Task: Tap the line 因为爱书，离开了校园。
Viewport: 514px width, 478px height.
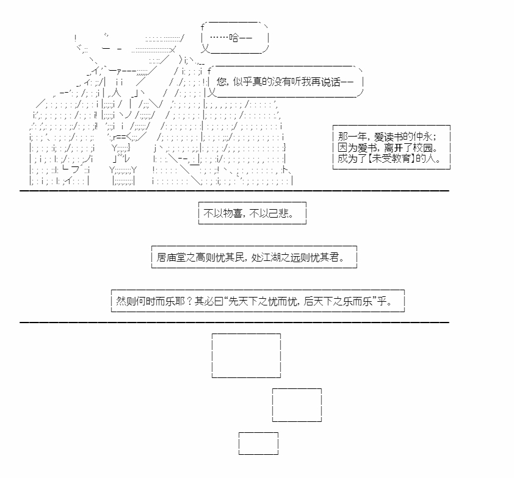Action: point(388,148)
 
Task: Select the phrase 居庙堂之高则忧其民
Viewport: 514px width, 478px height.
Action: point(201,257)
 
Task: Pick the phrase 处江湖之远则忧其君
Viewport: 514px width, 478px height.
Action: point(295,257)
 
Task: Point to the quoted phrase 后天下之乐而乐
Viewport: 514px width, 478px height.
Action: point(338,301)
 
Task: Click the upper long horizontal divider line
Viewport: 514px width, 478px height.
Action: point(234,191)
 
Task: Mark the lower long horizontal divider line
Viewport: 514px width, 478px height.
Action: point(234,323)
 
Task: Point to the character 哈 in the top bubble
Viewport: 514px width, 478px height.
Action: point(234,38)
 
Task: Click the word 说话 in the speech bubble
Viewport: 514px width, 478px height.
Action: point(331,82)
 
